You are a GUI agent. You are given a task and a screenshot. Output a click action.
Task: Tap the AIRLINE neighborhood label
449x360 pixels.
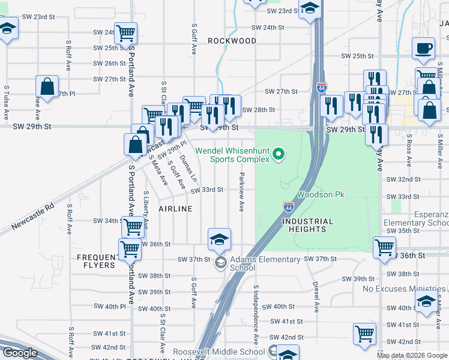pyautogui.click(x=175, y=209)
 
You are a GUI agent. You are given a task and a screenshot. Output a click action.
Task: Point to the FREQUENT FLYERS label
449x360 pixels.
pyautogui.click(x=96, y=261)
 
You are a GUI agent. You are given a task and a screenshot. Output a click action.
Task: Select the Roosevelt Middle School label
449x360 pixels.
pyautogui.click(x=218, y=352)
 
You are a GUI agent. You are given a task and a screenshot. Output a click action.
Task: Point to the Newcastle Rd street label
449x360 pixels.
pyautogui.click(x=32, y=218)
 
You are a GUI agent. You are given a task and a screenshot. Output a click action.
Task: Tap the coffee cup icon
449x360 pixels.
pyautogui.click(x=424, y=49)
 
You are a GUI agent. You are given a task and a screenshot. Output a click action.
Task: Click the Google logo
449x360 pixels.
pyautogui.click(x=20, y=353)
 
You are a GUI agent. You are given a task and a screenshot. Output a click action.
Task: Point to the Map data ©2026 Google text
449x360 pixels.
pyautogui.click(x=412, y=355)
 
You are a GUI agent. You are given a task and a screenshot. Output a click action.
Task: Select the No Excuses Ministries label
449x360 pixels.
pyautogui.click(x=405, y=289)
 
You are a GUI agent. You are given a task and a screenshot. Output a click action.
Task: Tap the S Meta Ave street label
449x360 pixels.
pyautogui.click(x=155, y=171)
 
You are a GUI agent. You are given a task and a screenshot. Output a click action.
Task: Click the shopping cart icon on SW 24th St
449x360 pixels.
pyautogui.click(x=125, y=33)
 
